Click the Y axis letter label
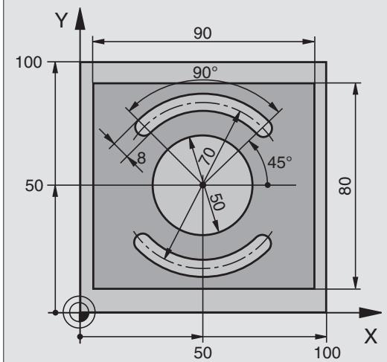[x=61, y=20]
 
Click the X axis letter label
[x=371, y=336]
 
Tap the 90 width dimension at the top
[x=202, y=33]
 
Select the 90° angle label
[x=205, y=73]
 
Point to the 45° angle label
[x=280, y=163]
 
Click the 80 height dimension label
[x=345, y=186]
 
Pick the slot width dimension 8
[x=141, y=158]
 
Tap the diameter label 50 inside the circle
[x=217, y=202]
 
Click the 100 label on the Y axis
[x=28, y=62]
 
